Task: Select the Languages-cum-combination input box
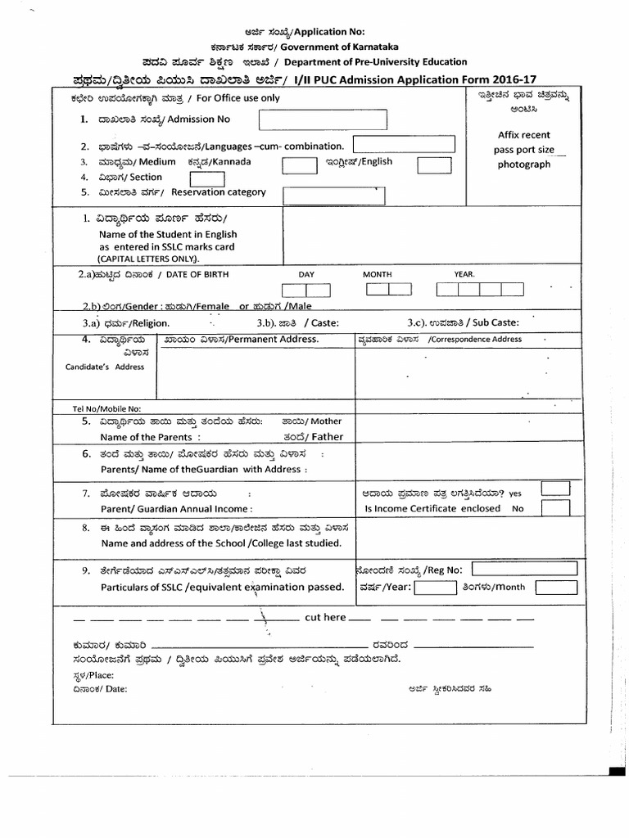[404, 145]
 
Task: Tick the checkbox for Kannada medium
[299, 164]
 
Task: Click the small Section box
[207, 178]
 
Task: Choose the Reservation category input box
[333, 196]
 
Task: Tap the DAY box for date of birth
[305, 290]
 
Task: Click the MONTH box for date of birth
[389, 289]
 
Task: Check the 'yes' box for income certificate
[555, 489]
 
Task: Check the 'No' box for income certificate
[555, 508]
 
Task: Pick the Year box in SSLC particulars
[434, 587]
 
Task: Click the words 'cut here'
[325, 617]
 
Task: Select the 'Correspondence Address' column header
[474, 339]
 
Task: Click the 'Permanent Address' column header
[263, 339]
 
